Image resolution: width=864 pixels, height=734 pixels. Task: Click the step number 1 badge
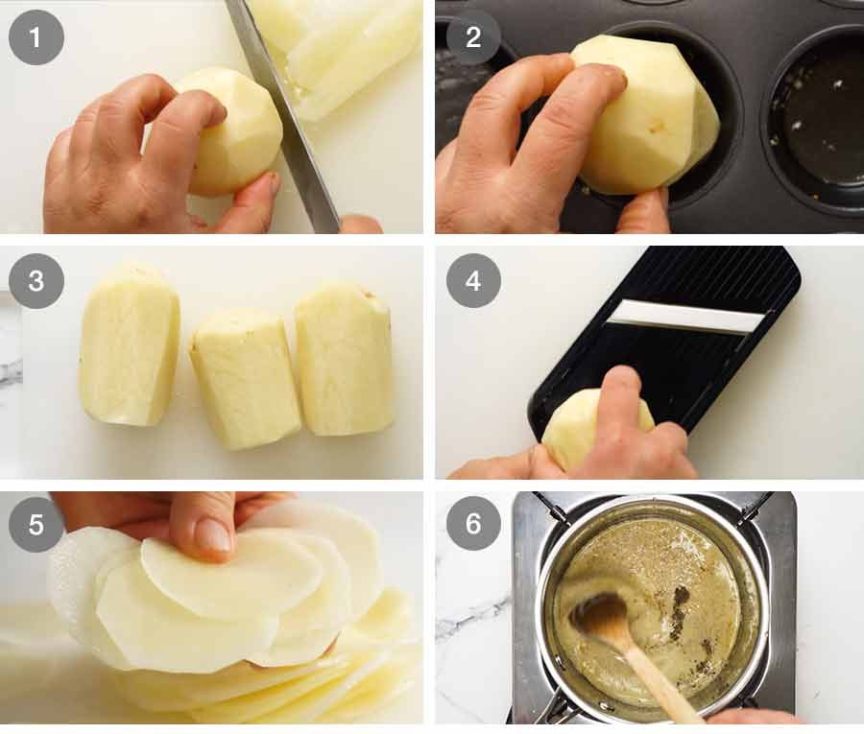36,37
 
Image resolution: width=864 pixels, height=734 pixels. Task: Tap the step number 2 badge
473,37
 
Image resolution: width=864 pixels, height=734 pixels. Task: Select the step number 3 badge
36,281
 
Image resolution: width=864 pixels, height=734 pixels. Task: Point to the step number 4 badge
473,281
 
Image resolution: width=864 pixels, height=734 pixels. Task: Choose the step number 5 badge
36,524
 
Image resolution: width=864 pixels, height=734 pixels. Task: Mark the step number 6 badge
473,524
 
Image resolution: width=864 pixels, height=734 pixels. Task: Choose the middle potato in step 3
246,378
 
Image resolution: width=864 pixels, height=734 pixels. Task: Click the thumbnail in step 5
212,533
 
